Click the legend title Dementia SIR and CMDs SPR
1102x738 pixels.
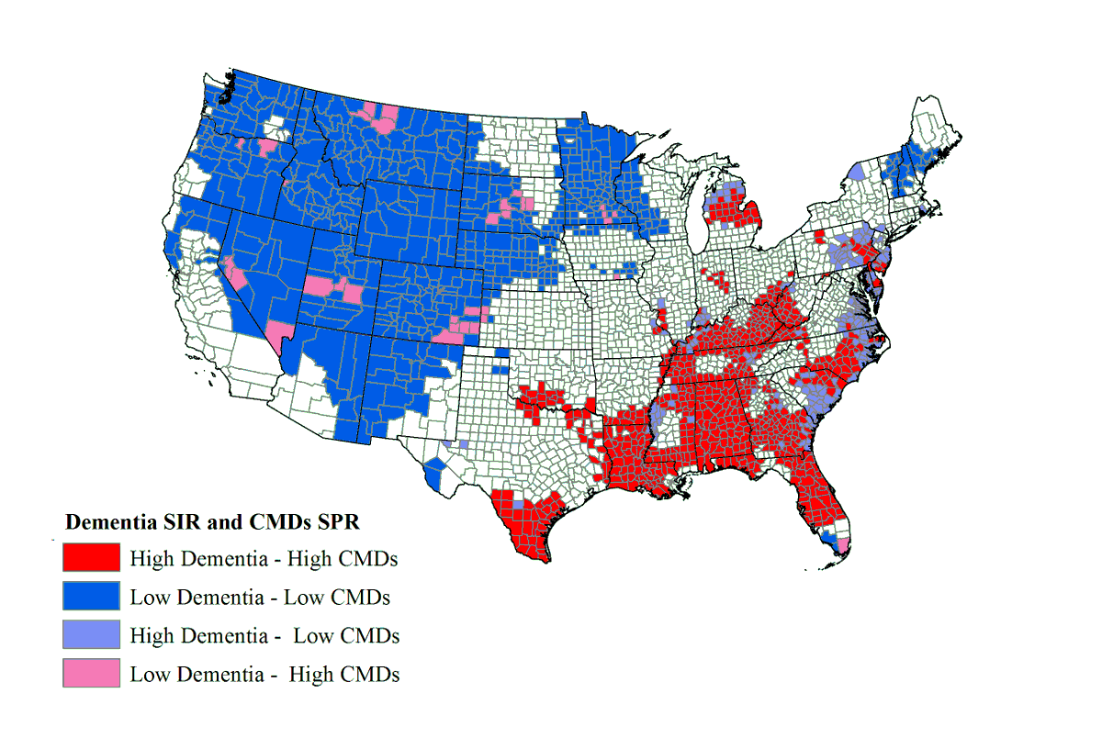pyautogui.click(x=211, y=522)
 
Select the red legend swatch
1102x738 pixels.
pyautogui.click(x=91, y=557)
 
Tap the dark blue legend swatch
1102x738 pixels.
pyautogui.click(x=91, y=597)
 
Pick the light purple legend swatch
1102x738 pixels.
pyautogui.click(x=91, y=635)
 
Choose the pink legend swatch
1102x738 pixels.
pyautogui.click(x=91, y=674)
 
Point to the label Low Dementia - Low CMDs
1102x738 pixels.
pyautogui.click(x=260, y=598)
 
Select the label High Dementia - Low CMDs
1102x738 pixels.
pyautogui.click(x=264, y=635)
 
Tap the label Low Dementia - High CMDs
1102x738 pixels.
pyautogui.click(x=264, y=674)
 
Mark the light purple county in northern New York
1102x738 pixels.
pyautogui.click(x=856, y=172)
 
